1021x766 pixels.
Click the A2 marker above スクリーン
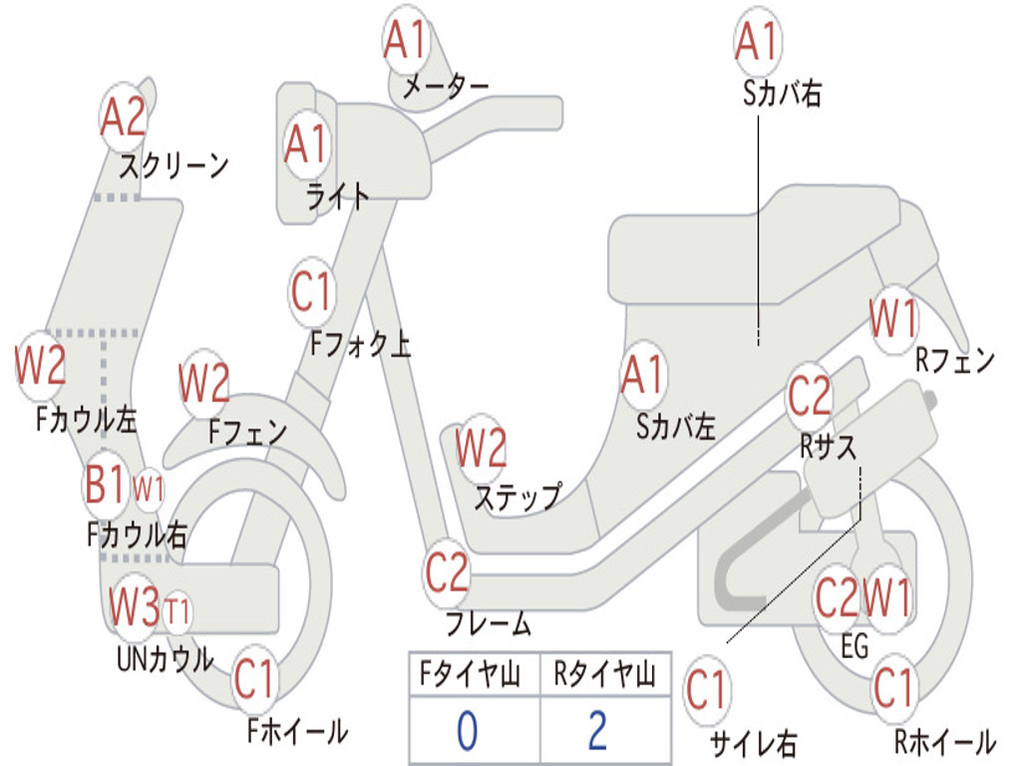tap(124, 118)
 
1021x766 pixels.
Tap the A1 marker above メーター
tap(405, 40)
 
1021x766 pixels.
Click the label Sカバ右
tap(783, 94)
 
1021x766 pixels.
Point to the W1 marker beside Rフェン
tap(892, 320)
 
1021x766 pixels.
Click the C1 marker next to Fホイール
tap(254, 681)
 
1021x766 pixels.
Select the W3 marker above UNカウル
tap(135, 605)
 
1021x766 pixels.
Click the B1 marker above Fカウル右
tap(105, 488)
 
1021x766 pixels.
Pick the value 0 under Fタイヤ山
tap(467, 731)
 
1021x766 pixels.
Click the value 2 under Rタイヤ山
tap(597, 731)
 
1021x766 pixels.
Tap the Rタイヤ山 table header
tap(604, 676)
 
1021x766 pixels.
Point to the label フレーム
tap(489, 625)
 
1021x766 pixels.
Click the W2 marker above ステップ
tap(482, 448)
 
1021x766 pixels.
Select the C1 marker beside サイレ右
tap(707, 690)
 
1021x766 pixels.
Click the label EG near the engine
tap(855, 646)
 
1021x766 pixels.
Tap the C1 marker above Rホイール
tap(892, 687)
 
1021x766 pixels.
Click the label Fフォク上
tap(360, 345)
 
